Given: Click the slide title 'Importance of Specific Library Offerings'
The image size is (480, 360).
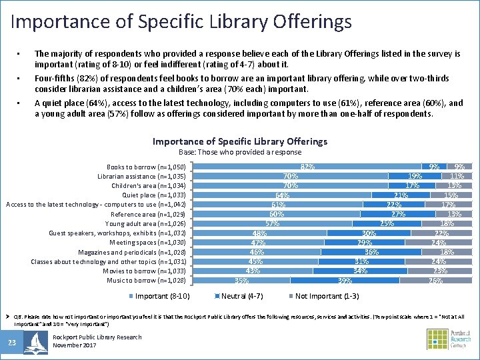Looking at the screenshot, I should pyautogui.click(x=181, y=21).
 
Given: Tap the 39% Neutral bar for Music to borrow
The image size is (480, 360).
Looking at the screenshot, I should pyautogui.click(x=345, y=281).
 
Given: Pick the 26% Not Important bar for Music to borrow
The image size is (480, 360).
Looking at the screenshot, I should pyautogui.click(x=435, y=281).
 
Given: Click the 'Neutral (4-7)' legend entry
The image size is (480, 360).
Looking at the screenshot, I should pyautogui.click(x=239, y=296).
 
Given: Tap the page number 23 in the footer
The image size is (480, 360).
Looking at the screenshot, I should pyautogui.click(x=11, y=343).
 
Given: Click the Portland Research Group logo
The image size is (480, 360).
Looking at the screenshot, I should pyautogui.click(x=449, y=339).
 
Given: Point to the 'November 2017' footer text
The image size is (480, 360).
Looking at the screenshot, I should pyautogui.click(x=75, y=345).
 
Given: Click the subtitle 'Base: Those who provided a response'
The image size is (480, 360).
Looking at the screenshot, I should pyautogui.click(x=240, y=152).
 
